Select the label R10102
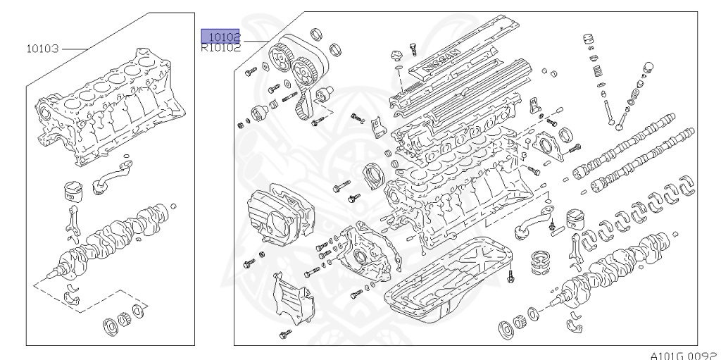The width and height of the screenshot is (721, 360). pos(220,48)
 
